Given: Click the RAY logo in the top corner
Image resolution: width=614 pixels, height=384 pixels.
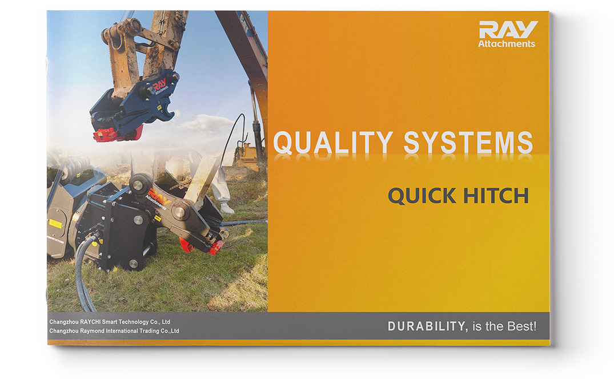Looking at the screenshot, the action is tap(508, 30).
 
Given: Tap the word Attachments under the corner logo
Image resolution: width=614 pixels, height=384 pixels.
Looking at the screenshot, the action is tap(507, 44).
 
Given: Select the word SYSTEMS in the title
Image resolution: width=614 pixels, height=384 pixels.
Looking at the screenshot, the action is tap(468, 142).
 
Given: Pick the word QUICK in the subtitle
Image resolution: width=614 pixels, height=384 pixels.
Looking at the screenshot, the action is tap(422, 196).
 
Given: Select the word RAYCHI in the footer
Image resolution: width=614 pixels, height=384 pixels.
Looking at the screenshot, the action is tap(90, 322).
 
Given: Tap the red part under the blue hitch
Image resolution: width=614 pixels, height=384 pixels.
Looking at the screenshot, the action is tap(116, 134).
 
